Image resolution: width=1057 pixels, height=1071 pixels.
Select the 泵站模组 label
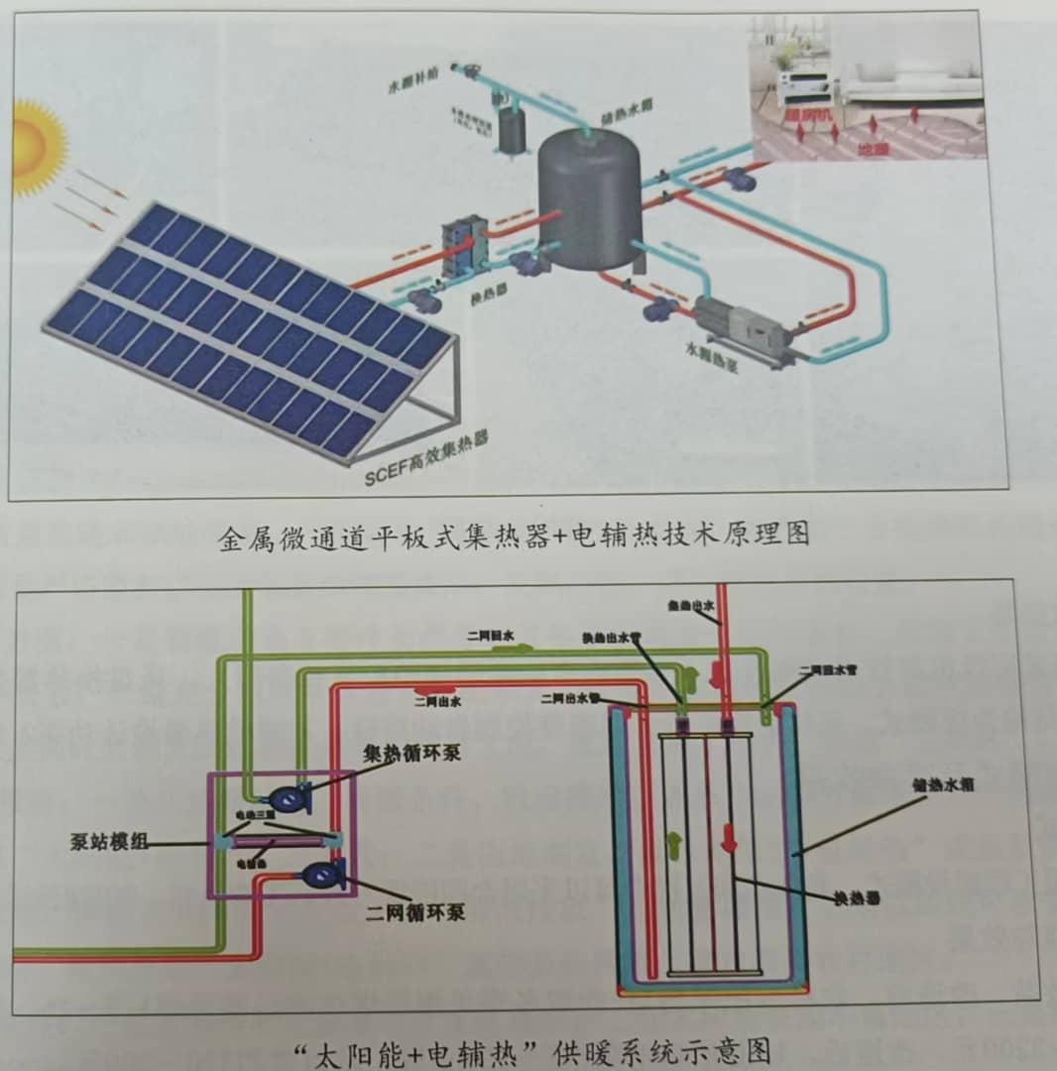(x=109, y=842)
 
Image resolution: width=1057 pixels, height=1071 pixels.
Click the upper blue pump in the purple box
(x=287, y=796)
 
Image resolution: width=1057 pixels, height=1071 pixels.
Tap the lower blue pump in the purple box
(x=321, y=874)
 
